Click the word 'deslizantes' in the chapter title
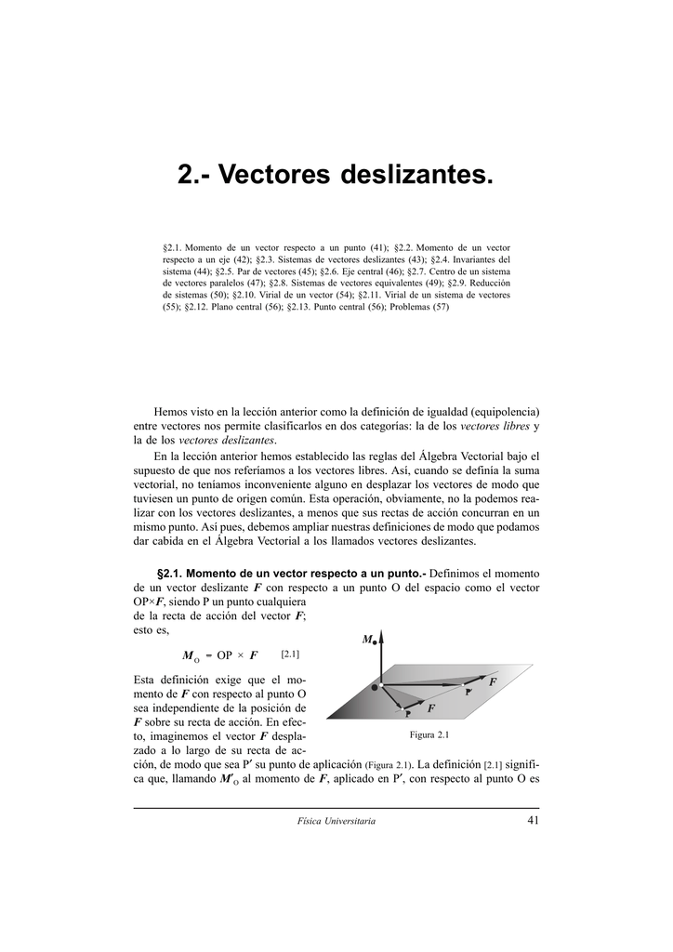point(413,175)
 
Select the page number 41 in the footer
point(532,820)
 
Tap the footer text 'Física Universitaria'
point(336,821)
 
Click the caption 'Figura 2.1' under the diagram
point(429,735)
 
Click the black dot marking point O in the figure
point(376,686)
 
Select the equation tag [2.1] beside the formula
point(290,654)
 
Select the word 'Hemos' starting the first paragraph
point(171,411)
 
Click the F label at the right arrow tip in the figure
point(493,681)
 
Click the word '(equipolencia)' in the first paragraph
point(506,411)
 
